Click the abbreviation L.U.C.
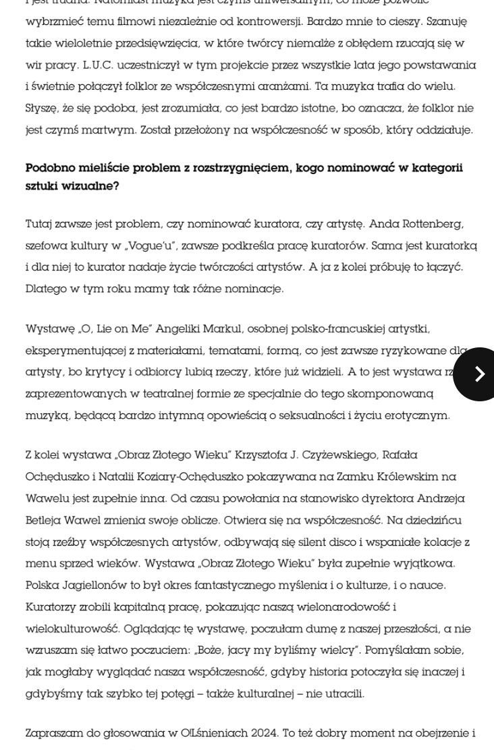pyautogui.click(x=101, y=65)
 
